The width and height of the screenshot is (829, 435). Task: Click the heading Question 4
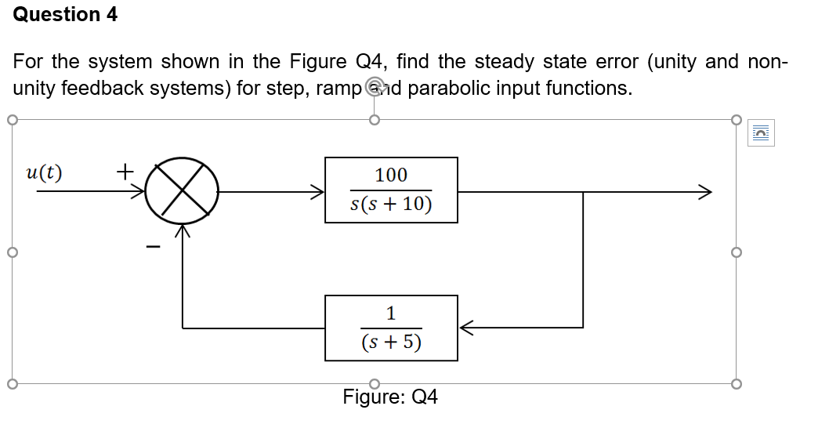(x=66, y=15)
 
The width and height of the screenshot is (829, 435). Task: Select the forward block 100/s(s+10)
(x=391, y=190)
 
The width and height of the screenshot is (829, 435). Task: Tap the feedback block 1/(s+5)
(x=391, y=328)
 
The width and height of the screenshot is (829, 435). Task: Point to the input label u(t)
(x=45, y=172)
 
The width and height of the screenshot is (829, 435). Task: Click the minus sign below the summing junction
(x=154, y=248)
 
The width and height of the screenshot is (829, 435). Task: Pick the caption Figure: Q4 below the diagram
(x=390, y=397)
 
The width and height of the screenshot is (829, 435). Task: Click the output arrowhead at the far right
(x=706, y=190)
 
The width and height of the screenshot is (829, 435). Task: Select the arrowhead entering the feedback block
(x=465, y=328)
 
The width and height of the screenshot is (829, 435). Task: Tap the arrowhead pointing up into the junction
(x=183, y=230)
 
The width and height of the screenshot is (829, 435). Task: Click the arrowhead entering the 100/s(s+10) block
(x=317, y=190)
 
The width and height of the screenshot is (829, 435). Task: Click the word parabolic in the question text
(x=447, y=88)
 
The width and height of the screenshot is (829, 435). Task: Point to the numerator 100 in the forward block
(x=391, y=175)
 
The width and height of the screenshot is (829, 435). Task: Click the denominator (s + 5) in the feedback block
(x=391, y=343)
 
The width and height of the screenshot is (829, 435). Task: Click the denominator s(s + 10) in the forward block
(x=391, y=205)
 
